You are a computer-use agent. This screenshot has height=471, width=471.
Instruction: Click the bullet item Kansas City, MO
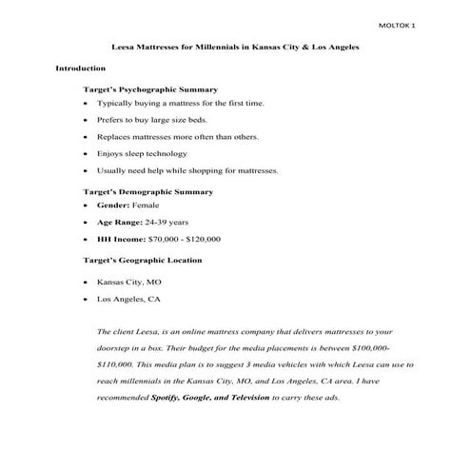pos(129,283)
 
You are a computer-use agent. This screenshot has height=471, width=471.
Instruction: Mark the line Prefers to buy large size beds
pos(151,120)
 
